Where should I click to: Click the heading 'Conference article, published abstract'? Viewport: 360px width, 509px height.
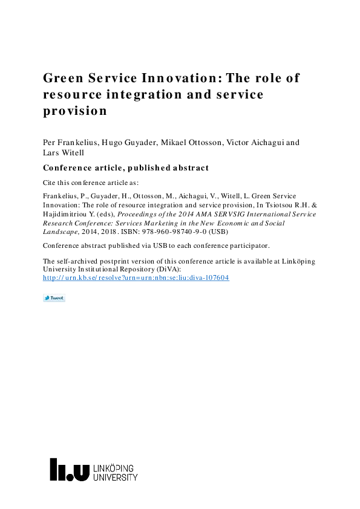coord(126,168)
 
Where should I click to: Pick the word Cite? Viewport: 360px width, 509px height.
coord(50,182)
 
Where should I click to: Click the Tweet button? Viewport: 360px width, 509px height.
coord(54,298)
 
